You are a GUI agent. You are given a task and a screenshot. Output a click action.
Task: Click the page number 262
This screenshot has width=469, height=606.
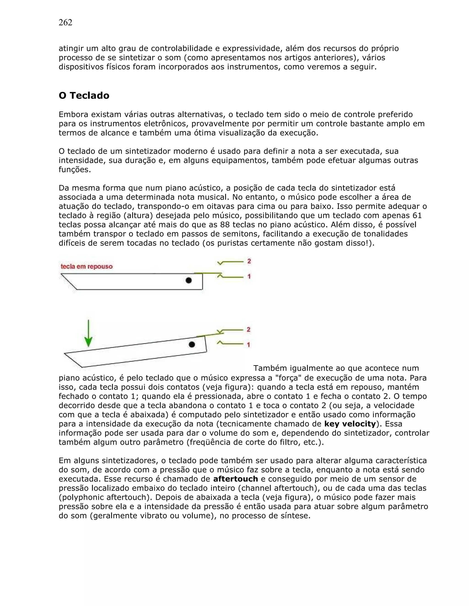pos(65,22)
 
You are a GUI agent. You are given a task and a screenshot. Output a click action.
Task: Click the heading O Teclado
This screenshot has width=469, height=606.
pos(84,95)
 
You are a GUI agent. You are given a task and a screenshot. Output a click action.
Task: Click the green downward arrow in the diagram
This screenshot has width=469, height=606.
pos(88,333)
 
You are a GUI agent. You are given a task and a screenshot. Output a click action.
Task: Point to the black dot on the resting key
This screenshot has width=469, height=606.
pos(189,281)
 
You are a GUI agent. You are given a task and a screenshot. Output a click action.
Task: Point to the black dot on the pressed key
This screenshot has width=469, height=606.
pos(192,344)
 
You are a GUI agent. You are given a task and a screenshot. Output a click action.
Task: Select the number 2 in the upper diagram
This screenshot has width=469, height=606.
pos(249,261)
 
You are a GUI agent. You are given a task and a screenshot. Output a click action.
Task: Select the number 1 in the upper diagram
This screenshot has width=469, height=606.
pos(249,276)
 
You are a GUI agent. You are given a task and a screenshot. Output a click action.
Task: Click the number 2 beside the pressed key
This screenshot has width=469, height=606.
pos(248,329)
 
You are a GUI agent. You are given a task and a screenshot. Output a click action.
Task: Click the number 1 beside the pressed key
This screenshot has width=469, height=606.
pos(248,345)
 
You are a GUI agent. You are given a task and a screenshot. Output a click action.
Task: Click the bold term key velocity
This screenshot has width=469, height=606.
pos(350,424)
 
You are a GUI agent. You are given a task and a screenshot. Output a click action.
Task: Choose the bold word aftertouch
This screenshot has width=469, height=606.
pos(235,479)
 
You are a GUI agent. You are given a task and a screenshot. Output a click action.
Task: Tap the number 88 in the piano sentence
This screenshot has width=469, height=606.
pos(224,225)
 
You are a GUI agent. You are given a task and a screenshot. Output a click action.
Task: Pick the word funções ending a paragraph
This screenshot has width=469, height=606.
pos(74,169)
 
